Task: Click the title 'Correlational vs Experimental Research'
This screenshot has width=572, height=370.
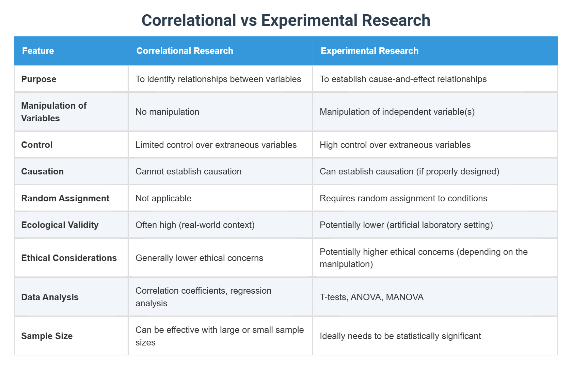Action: click(286, 20)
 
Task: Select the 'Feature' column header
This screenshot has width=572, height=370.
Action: click(38, 51)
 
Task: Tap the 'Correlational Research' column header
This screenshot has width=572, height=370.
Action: click(185, 51)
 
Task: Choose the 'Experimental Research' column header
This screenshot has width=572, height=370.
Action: click(369, 51)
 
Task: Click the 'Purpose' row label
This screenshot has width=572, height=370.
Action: click(39, 79)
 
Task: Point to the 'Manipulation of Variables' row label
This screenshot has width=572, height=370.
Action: click(54, 112)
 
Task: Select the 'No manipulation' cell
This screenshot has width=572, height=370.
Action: click(167, 112)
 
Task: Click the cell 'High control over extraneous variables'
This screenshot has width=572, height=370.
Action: click(395, 145)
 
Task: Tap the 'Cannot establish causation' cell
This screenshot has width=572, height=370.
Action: click(188, 171)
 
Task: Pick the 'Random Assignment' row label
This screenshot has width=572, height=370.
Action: click(65, 198)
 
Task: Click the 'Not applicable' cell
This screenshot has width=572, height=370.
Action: click(163, 198)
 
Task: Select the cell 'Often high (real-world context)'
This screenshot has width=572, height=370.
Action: click(195, 225)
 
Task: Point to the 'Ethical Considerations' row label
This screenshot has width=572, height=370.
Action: click(69, 258)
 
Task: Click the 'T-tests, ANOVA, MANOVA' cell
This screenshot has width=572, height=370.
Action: click(371, 297)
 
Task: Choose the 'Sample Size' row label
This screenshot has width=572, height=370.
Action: click(47, 336)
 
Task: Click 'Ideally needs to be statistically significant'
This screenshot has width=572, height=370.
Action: click(400, 336)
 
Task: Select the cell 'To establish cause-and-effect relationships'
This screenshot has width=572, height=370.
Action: click(403, 79)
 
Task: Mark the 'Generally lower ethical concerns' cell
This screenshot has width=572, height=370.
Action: click(199, 258)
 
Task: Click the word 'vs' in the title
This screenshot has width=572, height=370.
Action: click(249, 20)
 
